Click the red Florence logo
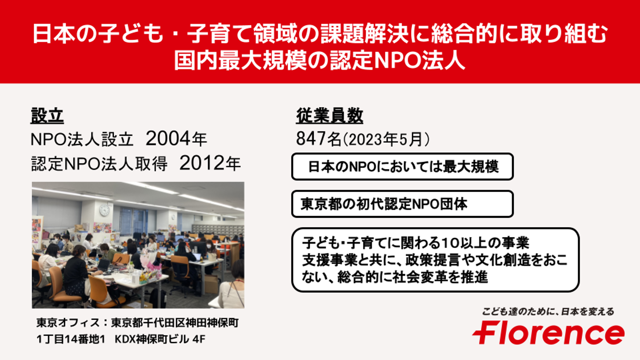[548, 333]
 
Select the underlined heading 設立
[47, 116]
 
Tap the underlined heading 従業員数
[329, 116]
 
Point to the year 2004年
[176, 139]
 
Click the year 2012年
[210, 164]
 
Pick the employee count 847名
[319, 139]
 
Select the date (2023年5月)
[386, 140]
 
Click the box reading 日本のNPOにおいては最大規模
[402, 167]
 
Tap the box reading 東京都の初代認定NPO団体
[402, 204]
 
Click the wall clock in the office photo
[104, 210]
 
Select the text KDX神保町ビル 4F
[160, 339]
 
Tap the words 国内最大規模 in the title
[240, 60]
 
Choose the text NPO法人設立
[82, 140]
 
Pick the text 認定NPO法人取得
[99, 164]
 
